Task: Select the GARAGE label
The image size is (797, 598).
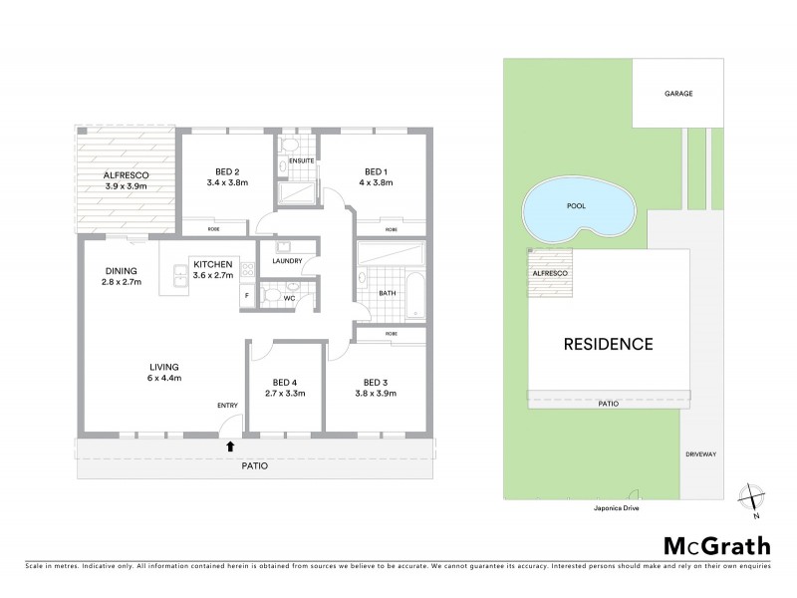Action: pyautogui.click(x=678, y=94)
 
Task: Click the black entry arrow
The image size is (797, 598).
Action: pyautogui.click(x=231, y=446)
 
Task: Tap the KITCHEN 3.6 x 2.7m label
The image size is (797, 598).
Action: pyautogui.click(x=213, y=269)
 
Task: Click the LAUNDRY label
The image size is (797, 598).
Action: pyautogui.click(x=288, y=261)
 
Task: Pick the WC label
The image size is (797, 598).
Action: pyautogui.click(x=290, y=297)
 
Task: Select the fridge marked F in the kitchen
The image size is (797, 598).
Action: pyautogui.click(x=244, y=296)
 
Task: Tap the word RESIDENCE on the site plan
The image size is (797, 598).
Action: pyautogui.click(x=608, y=345)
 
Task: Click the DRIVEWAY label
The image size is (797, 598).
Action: pyautogui.click(x=700, y=453)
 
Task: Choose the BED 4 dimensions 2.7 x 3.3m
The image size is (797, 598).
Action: pyautogui.click(x=285, y=394)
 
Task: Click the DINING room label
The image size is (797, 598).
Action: pyautogui.click(x=121, y=276)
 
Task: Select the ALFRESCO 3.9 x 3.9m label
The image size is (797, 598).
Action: pyautogui.click(x=127, y=180)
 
